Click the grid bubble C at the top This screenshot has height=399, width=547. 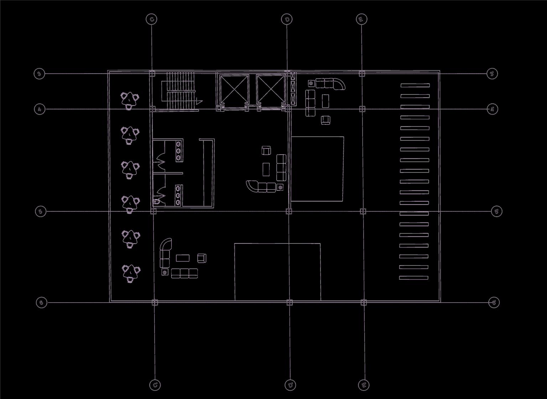coord(152,19)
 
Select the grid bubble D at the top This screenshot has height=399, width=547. coord(287,19)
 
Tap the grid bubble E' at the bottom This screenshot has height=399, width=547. coord(364,385)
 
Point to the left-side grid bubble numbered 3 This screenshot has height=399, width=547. coord(39,74)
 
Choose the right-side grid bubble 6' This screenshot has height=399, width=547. coord(494,303)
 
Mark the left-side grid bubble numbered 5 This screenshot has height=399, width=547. coord(41,211)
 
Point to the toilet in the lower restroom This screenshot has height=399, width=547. coord(157,202)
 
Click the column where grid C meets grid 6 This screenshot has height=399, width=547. coord(155,303)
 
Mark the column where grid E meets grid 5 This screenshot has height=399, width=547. coord(363,211)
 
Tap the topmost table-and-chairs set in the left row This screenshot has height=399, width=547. coord(130,99)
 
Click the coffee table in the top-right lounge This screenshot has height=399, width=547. coord(325,101)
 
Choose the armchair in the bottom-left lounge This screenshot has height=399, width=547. coord(202,258)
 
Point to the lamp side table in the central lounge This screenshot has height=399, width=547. coord(281,187)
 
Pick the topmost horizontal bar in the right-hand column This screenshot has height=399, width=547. coord(415,85)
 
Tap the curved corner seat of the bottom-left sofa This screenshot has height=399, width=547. coord(166,245)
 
